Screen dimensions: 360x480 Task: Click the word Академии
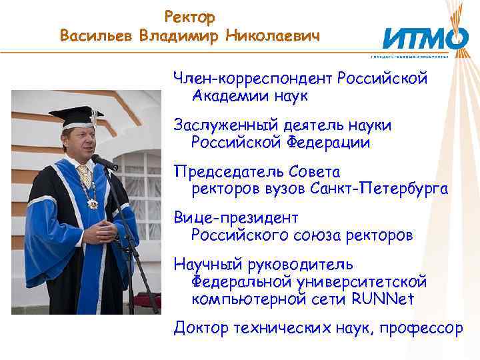[230, 97]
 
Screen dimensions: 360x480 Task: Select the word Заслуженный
[225, 126]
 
